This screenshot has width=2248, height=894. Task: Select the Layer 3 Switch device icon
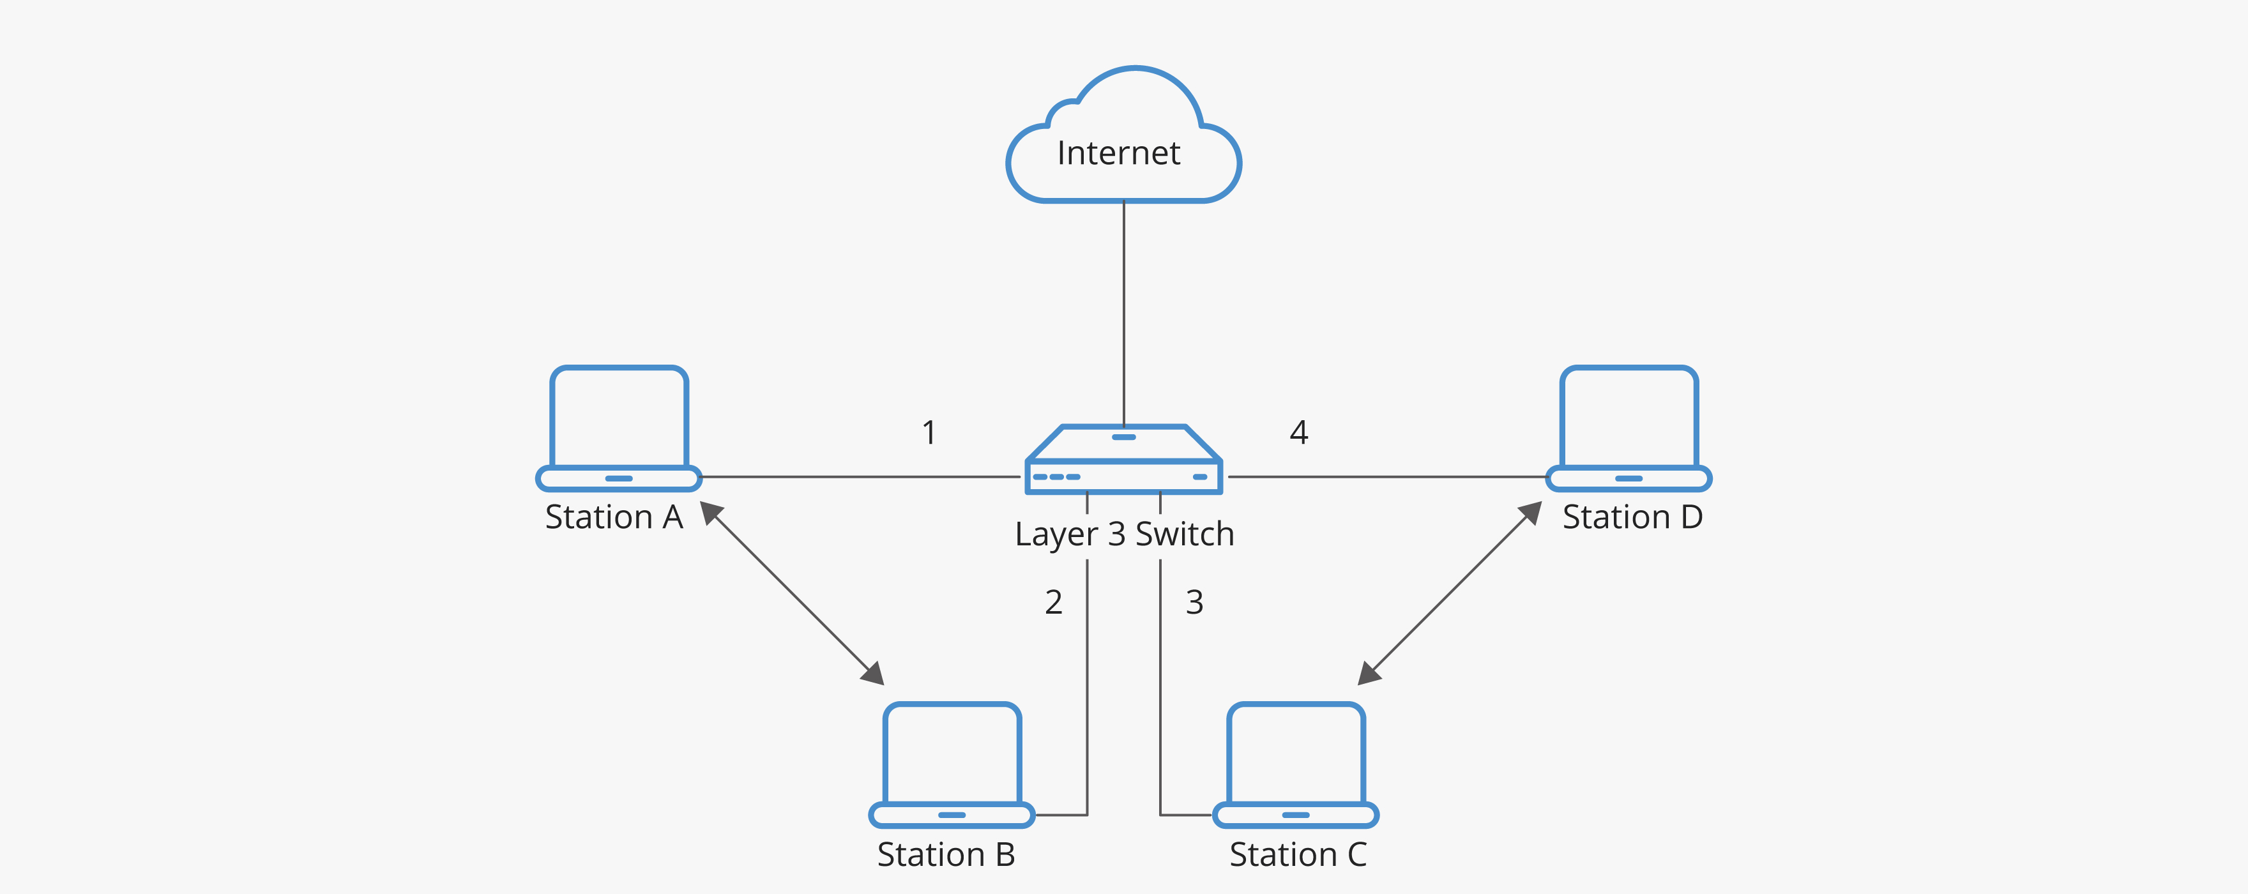click(1124, 460)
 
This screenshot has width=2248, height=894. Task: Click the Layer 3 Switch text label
click(1124, 534)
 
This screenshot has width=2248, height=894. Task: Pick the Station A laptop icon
click(619, 427)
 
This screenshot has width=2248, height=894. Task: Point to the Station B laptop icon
click(952, 764)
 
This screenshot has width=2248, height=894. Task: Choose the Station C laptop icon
click(1296, 764)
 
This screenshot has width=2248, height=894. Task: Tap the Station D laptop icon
click(1629, 427)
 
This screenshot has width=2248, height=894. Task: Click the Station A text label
click(614, 517)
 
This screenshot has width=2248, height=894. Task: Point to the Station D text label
click(1632, 517)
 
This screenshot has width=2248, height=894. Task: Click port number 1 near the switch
click(929, 432)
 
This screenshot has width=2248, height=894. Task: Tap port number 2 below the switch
click(1053, 602)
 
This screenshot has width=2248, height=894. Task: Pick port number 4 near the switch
click(1298, 432)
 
